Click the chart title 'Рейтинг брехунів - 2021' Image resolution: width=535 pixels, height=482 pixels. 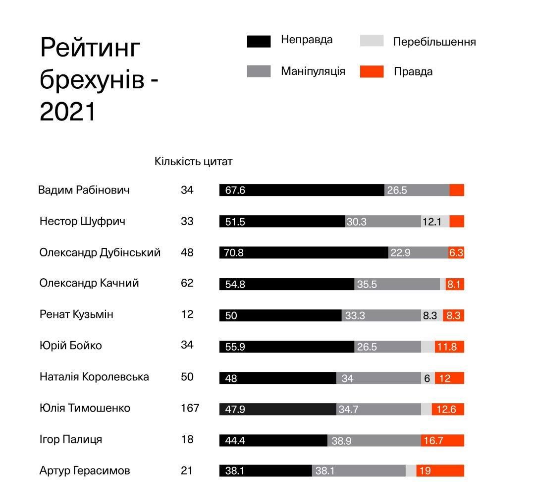pyautogui.click(x=99, y=79)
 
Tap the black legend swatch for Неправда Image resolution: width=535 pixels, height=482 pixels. pyautogui.click(x=259, y=41)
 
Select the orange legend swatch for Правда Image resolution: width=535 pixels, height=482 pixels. pyautogui.click(x=372, y=71)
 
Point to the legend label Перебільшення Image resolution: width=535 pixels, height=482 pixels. pyautogui.click(x=434, y=42)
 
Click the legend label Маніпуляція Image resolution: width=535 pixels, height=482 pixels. pyautogui.click(x=313, y=71)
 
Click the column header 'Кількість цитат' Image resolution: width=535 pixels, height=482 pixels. pyautogui.click(x=193, y=162)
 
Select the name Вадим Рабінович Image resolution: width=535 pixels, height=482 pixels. pyautogui.click(x=84, y=190)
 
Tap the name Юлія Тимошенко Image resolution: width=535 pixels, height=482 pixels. pyautogui.click(x=85, y=408)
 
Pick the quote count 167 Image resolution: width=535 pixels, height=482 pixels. pyautogui.click(x=190, y=408)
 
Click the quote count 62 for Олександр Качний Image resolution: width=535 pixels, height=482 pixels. pyautogui.click(x=187, y=283)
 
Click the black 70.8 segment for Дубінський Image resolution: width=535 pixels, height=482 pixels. pyautogui.click(x=304, y=253)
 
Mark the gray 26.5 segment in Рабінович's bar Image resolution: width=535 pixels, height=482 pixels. pyautogui.click(x=417, y=190)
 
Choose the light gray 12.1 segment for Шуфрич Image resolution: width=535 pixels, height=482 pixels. pyautogui.click(x=435, y=222)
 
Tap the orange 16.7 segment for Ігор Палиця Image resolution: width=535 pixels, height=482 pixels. pyautogui.click(x=442, y=440)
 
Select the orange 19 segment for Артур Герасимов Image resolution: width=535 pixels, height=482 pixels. pyautogui.click(x=440, y=471)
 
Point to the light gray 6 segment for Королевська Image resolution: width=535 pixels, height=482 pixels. pyautogui.click(x=428, y=378)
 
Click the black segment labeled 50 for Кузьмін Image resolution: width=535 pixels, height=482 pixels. pyautogui.click(x=280, y=315)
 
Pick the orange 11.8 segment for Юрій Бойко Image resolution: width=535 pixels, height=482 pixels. pyautogui.click(x=449, y=347)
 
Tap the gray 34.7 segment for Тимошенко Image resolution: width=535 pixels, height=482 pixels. pyautogui.click(x=378, y=409)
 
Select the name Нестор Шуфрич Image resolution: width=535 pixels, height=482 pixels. pyautogui.click(x=82, y=221)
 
